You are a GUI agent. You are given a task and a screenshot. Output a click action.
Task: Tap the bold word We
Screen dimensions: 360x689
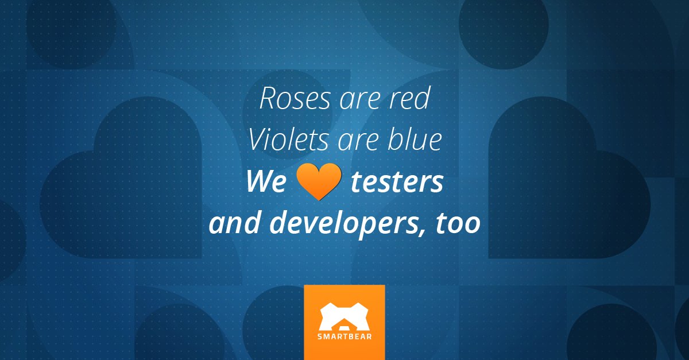point(265,183)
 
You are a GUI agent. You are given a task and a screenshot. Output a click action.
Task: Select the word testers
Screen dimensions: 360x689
point(397,183)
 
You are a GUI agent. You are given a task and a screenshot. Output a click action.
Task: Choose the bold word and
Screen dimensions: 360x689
point(235,223)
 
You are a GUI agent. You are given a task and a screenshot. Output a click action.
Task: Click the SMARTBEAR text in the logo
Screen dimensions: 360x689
point(344,336)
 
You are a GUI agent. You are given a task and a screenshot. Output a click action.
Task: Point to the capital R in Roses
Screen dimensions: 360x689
point(268,99)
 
